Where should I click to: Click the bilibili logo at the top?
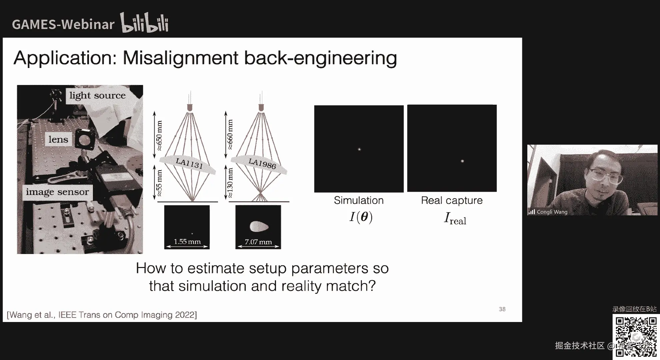(x=144, y=23)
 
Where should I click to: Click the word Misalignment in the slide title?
(x=180, y=58)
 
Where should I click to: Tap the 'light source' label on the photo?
(x=97, y=95)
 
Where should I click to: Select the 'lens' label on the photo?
(x=58, y=139)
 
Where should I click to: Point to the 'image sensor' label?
(x=57, y=192)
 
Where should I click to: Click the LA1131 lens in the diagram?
(x=189, y=164)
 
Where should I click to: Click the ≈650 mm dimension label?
(x=159, y=135)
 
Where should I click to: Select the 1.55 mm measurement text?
(x=187, y=242)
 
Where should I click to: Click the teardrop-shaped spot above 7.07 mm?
(x=259, y=227)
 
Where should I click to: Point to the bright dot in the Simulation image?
(x=359, y=149)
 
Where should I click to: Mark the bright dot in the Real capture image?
(x=462, y=161)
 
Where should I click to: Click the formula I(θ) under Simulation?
(x=361, y=217)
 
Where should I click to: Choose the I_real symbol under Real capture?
(x=455, y=219)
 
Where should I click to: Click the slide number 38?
(x=502, y=309)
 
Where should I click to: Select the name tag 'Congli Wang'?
(x=552, y=212)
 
